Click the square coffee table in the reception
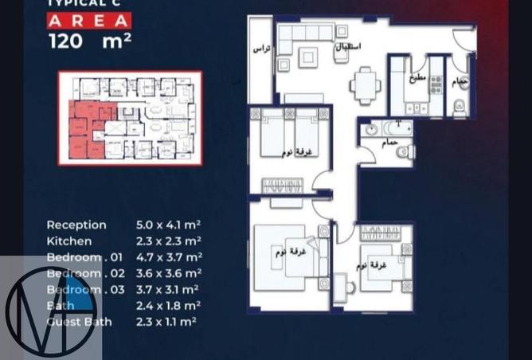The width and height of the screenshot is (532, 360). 308,57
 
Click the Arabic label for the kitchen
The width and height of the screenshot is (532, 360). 420,78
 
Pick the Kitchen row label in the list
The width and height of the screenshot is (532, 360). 68,241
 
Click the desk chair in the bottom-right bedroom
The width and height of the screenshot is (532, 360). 340,284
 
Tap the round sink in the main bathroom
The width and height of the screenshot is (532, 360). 371,131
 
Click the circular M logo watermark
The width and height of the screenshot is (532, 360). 49,311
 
